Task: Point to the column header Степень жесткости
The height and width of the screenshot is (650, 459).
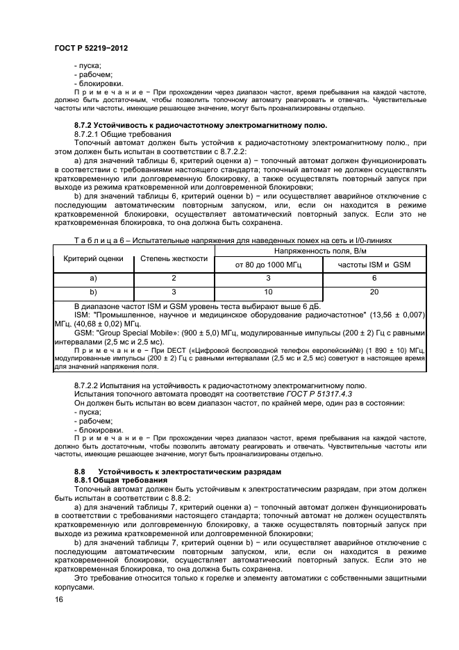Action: [x=174, y=258]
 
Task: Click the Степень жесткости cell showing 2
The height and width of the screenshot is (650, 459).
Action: [x=174, y=278]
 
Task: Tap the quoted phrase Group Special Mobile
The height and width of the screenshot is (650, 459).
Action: [x=131, y=333]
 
